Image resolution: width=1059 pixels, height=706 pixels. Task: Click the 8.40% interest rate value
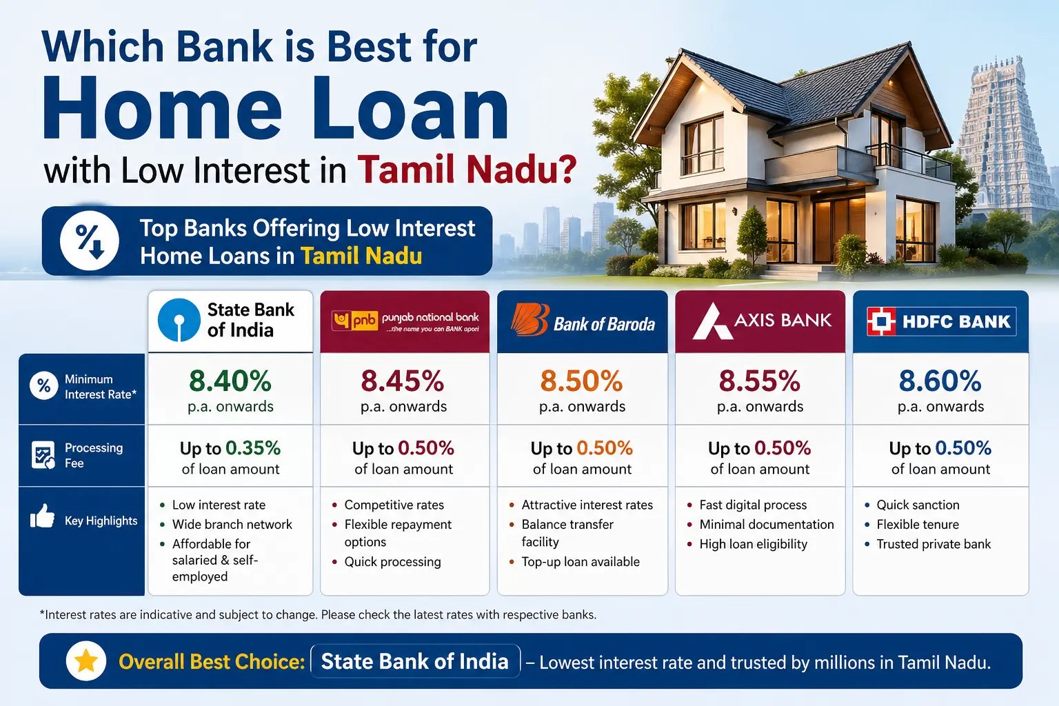(230, 381)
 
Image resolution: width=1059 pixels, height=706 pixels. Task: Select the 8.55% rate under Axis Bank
(759, 381)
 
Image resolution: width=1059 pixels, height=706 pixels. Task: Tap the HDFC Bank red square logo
(881, 321)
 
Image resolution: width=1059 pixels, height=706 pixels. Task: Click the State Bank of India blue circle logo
(179, 320)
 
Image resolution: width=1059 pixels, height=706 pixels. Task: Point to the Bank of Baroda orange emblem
(529, 320)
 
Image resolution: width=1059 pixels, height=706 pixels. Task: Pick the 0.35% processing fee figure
(253, 448)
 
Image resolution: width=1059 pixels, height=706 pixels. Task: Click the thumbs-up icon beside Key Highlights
(43, 516)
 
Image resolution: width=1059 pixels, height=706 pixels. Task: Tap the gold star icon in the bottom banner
(86, 661)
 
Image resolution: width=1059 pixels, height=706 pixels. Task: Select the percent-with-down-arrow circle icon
(90, 241)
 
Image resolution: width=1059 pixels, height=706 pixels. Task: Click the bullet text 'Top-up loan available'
(580, 562)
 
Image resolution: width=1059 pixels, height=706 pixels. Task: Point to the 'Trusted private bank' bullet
(933, 544)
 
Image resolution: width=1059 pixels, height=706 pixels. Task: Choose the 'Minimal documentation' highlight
(766, 525)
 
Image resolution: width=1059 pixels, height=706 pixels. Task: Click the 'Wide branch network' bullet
(232, 525)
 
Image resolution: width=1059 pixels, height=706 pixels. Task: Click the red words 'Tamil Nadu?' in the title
(466, 170)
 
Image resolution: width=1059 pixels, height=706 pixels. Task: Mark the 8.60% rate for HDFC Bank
(940, 381)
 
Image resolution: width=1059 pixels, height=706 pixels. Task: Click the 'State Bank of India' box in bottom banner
(414, 661)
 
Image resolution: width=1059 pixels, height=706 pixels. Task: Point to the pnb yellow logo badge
(356, 321)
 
